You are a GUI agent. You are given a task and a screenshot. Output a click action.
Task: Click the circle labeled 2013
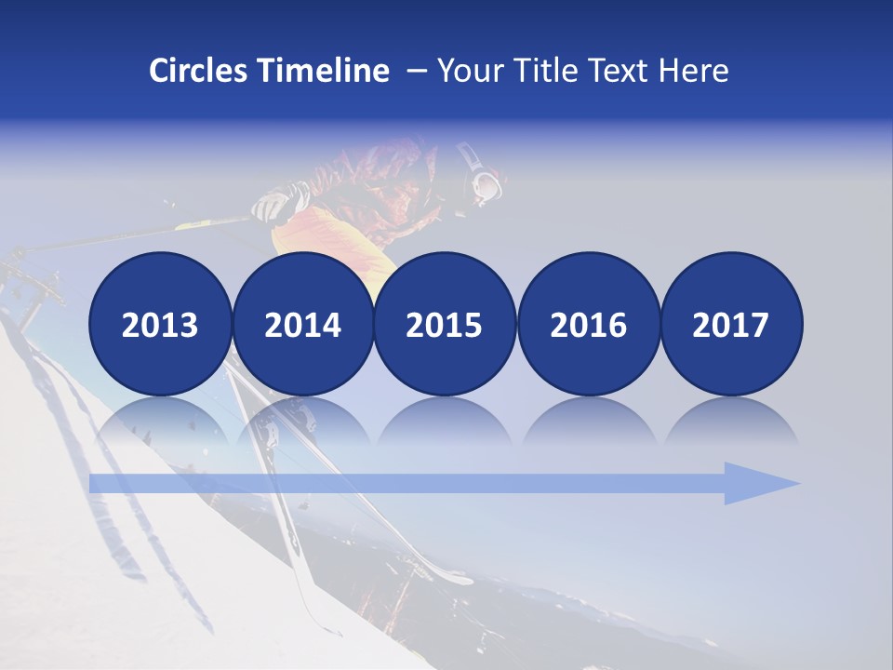pos(160,324)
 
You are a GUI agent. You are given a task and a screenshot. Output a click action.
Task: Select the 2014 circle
pos(302,324)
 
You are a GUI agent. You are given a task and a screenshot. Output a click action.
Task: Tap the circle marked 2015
pos(445,324)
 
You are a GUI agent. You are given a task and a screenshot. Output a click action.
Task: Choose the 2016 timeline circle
pos(588,324)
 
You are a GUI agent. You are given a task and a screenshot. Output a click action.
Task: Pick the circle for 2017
pos(731,324)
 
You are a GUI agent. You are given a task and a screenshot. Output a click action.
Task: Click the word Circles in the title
pos(199,71)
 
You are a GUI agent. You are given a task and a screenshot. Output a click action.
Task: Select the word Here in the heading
pos(692,71)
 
